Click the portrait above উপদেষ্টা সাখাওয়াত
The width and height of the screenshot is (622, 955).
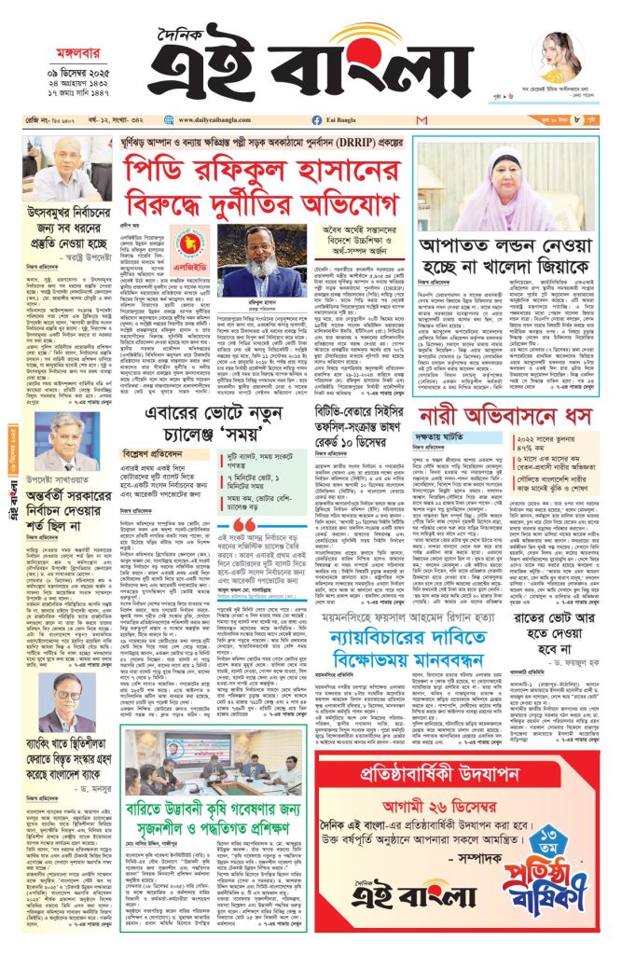pyautogui.click(x=69, y=438)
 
